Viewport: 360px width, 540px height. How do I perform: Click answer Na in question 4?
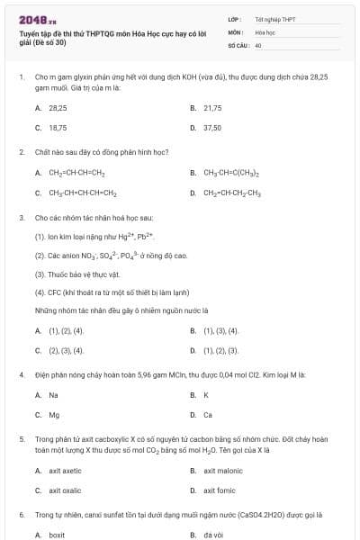click(x=53, y=394)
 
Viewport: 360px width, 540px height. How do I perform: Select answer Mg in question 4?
click(x=54, y=415)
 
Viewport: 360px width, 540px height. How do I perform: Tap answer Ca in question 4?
click(x=208, y=415)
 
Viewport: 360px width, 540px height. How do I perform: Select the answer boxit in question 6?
click(x=57, y=535)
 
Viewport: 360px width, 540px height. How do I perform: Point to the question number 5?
click(x=21, y=439)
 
